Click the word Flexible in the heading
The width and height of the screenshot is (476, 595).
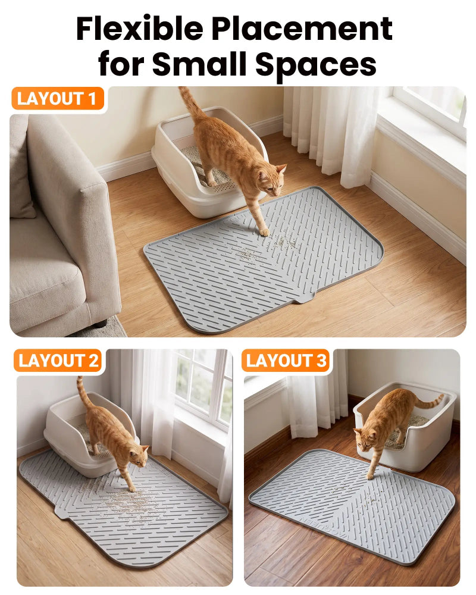click(140, 29)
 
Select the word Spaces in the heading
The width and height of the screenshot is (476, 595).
click(316, 64)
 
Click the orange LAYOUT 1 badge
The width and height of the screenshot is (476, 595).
click(57, 99)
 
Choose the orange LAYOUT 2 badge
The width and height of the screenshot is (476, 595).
click(58, 361)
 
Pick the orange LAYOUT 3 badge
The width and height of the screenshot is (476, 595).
click(286, 361)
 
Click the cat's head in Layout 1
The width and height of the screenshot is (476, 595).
click(272, 178)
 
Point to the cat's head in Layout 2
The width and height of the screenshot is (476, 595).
click(139, 456)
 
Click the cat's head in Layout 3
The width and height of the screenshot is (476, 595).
click(364, 439)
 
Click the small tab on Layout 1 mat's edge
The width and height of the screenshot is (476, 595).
click(303, 299)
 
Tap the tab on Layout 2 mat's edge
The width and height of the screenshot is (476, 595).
click(61, 511)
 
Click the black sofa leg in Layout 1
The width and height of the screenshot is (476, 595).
click(100, 324)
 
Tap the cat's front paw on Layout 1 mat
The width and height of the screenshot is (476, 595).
click(264, 232)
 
